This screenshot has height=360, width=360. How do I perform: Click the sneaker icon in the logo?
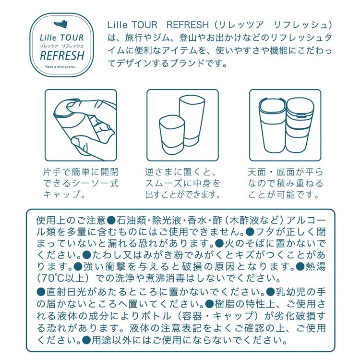61,24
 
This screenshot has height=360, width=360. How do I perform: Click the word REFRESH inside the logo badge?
62,56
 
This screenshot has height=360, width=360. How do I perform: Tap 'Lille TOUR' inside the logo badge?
62,37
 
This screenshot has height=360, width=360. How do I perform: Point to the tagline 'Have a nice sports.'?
60,67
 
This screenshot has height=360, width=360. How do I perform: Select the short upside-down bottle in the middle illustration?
172,135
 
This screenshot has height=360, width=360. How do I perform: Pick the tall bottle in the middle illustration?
192,121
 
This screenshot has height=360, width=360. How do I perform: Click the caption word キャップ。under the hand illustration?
64,195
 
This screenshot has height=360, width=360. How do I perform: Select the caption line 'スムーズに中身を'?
183,183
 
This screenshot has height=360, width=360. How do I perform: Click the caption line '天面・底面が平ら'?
286,172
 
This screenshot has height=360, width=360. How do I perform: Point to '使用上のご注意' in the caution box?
71,220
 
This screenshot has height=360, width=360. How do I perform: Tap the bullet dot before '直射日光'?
41,292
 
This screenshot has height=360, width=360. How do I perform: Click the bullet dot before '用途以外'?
86,340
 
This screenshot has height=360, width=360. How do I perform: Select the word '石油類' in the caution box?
131,220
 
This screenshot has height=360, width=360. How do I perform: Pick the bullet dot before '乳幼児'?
270,292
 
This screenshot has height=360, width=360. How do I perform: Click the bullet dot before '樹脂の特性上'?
210,304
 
